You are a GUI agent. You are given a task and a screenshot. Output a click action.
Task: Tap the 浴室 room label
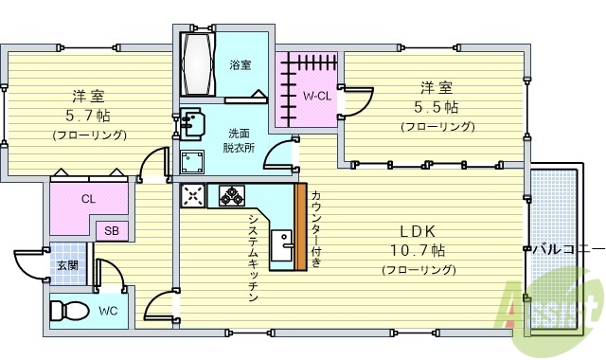click(x=241, y=65)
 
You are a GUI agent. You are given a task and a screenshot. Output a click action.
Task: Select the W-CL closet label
click(x=315, y=97)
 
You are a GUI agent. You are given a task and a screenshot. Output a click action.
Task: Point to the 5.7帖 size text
click(x=89, y=117)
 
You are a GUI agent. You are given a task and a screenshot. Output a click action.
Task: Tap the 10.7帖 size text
click(x=418, y=251)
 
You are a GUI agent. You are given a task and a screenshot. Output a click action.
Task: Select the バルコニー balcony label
click(x=566, y=250)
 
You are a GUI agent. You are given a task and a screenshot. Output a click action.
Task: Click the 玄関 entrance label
click(x=67, y=265)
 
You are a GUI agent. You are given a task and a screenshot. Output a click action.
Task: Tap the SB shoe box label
click(x=111, y=230)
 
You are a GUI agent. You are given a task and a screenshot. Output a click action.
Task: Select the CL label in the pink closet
click(x=88, y=199)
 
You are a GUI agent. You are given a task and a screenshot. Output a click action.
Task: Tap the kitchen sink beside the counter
click(x=281, y=248)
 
